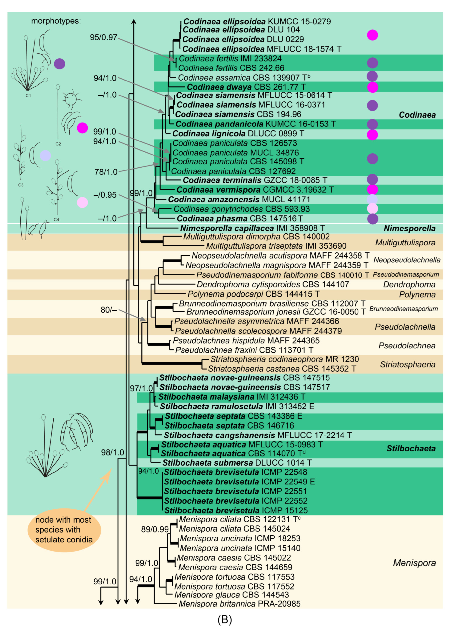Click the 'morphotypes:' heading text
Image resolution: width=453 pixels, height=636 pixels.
(56, 21)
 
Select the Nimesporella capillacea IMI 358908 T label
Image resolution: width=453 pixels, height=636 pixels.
(252, 228)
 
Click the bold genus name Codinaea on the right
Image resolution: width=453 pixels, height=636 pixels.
(417, 115)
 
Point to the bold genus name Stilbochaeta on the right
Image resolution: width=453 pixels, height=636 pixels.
(411, 449)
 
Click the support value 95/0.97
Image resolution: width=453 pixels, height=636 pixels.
(104, 37)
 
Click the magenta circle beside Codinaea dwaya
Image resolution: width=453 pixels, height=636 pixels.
(372, 87)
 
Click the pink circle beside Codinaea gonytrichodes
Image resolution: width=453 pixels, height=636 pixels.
(372, 209)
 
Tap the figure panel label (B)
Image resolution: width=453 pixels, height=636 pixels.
(225, 620)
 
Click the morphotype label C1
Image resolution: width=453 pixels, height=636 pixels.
(28, 95)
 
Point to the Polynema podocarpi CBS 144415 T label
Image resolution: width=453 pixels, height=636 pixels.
(254, 294)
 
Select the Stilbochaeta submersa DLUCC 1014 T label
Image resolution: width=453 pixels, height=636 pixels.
(237, 463)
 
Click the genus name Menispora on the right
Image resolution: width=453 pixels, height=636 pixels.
(414, 563)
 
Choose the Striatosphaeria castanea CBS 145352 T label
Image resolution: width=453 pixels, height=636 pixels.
(282, 369)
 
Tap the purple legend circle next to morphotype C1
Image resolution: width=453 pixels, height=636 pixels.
(59, 64)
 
